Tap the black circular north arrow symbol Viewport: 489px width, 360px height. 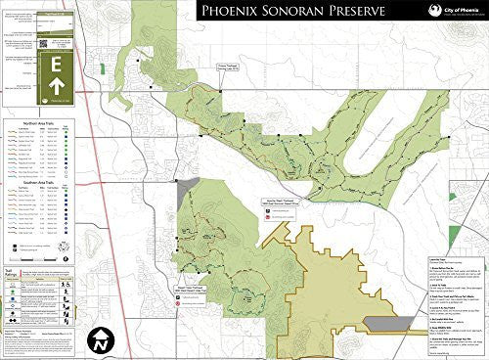tap(101, 339)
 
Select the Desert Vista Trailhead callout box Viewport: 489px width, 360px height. tap(195, 277)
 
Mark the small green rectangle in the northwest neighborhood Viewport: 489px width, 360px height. tap(103, 69)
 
